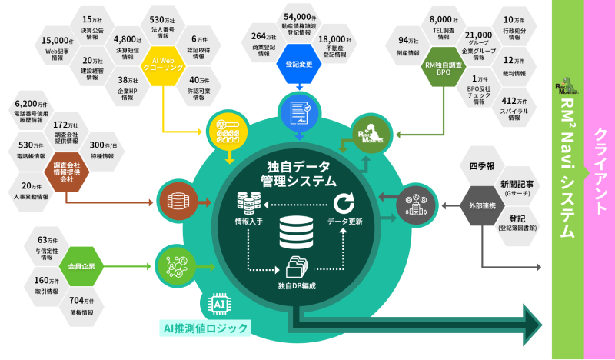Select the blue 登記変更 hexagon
tap(298, 64)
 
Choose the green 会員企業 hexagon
tap(81, 265)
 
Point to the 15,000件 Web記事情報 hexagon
tap(57, 48)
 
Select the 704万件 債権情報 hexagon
tap(81, 306)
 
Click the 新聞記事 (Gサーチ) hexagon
tap(515, 188)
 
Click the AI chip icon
tap(218, 305)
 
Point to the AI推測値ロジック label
tap(205, 328)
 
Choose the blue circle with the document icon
tap(296, 112)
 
